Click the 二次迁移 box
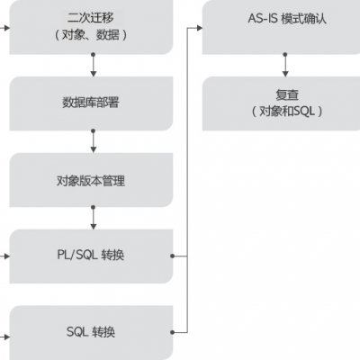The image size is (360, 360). (90, 27)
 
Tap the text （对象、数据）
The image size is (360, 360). (90, 35)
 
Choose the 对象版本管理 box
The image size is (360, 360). (90, 180)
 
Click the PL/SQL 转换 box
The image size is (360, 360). (90, 256)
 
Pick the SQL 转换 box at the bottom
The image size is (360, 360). (90, 332)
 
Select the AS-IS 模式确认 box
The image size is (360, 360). (284, 27)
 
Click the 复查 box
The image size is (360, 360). (284, 103)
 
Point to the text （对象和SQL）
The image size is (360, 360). (284, 112)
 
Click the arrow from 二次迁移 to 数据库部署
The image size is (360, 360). (94, 65)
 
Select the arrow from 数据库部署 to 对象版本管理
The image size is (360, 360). (94, 141)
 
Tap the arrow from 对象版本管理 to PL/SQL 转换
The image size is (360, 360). (94, 218)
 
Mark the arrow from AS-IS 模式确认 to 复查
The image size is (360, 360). (284, 65)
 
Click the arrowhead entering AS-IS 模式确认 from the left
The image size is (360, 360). (198, 27)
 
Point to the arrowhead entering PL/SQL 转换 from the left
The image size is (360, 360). (5, 256)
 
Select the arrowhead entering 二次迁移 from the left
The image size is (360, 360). (5, 27)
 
